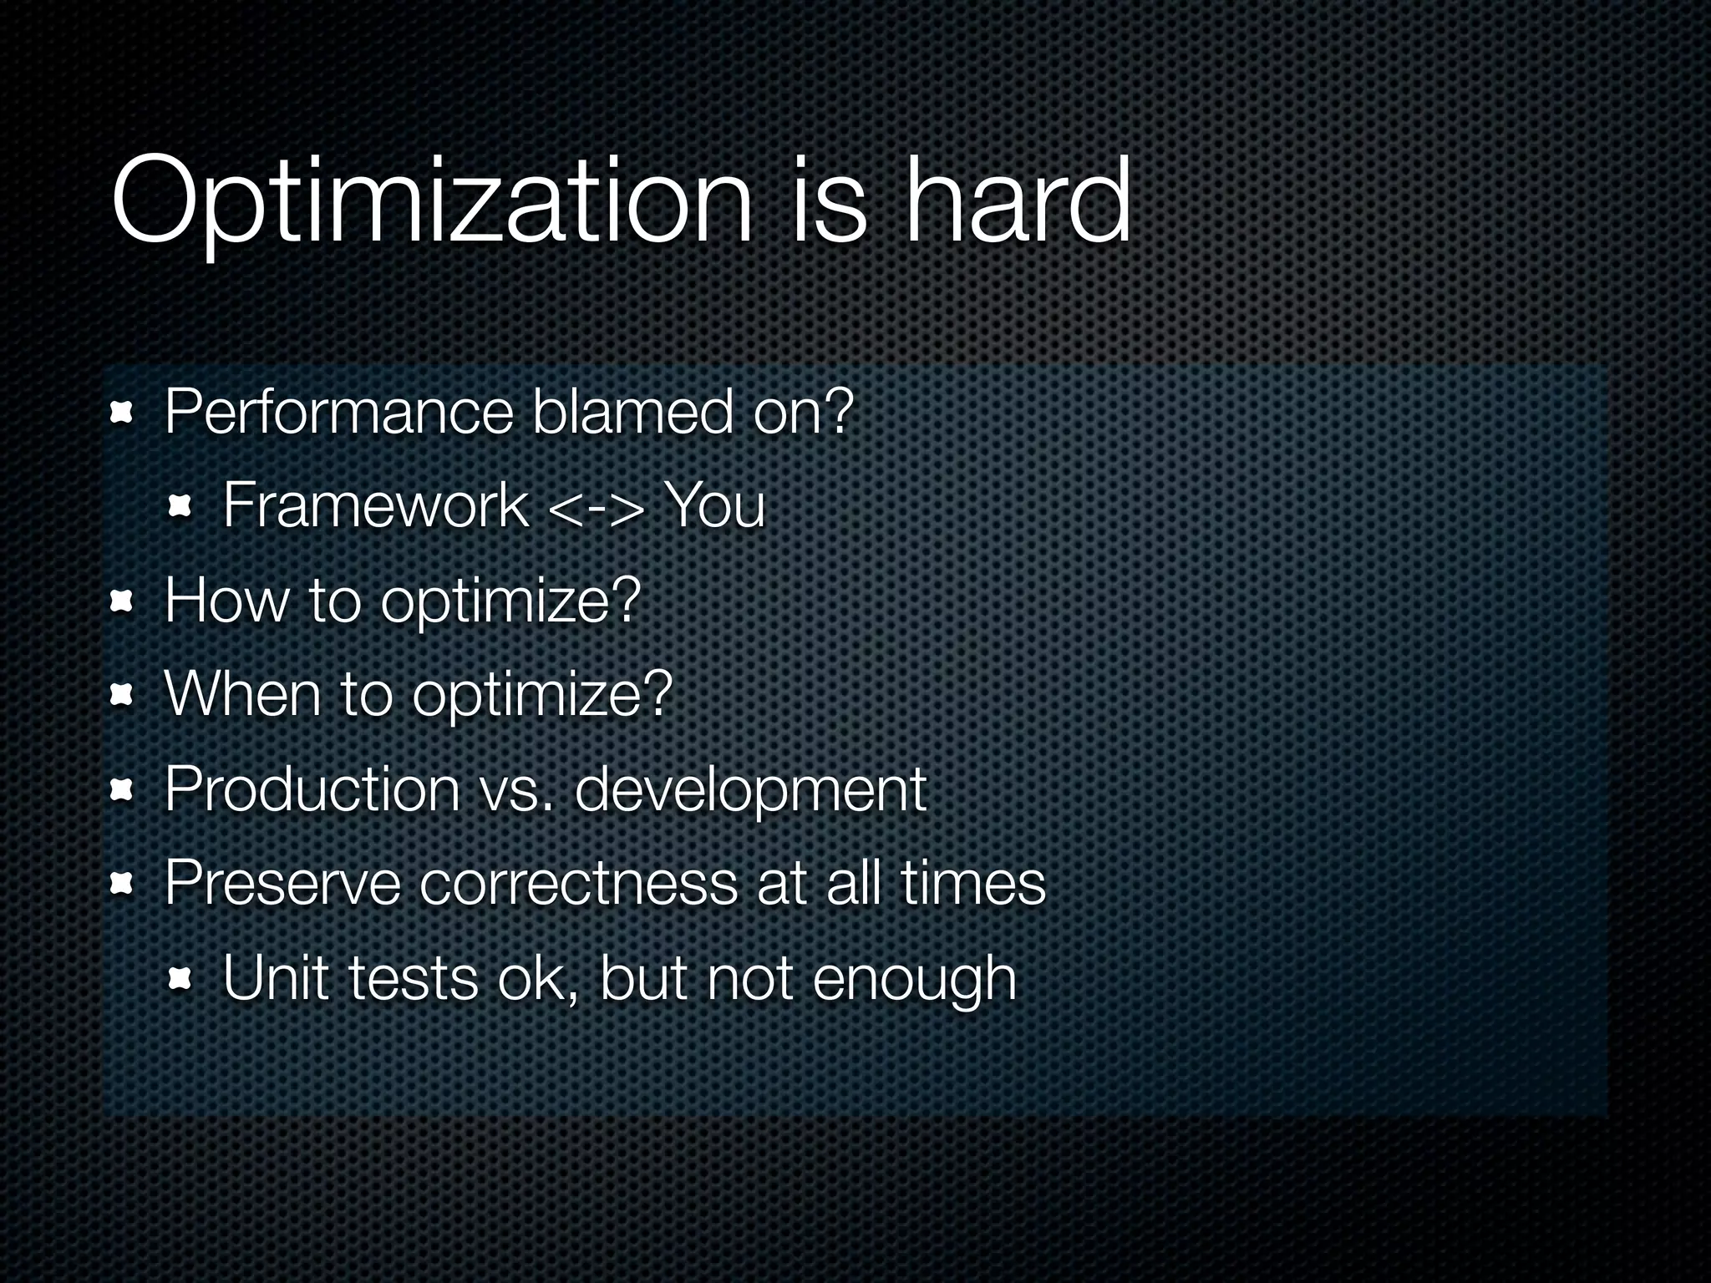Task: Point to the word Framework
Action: coord(376,506)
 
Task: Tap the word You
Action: coord(714,506)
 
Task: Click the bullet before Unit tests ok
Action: coord(180,978)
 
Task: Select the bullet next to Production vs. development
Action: coord(122,789)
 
